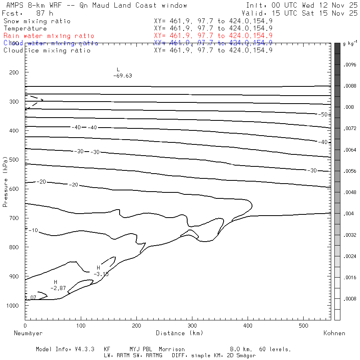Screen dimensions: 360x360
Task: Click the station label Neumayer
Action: [x=28, y=333]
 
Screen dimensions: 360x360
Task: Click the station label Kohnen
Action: [x=334, y=333]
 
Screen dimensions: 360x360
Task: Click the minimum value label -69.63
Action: [x=122, y=76]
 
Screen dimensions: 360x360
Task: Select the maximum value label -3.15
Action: [x=101, y=274]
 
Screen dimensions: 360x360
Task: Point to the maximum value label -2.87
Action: [x=58, y=288]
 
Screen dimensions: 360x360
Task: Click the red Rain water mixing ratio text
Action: [x=49, y=36]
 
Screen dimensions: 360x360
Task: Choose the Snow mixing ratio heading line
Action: [x=37, y=21]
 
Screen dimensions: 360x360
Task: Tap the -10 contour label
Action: [x=33, y=230]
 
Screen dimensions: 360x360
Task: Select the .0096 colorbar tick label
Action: [x=350, y=64]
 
